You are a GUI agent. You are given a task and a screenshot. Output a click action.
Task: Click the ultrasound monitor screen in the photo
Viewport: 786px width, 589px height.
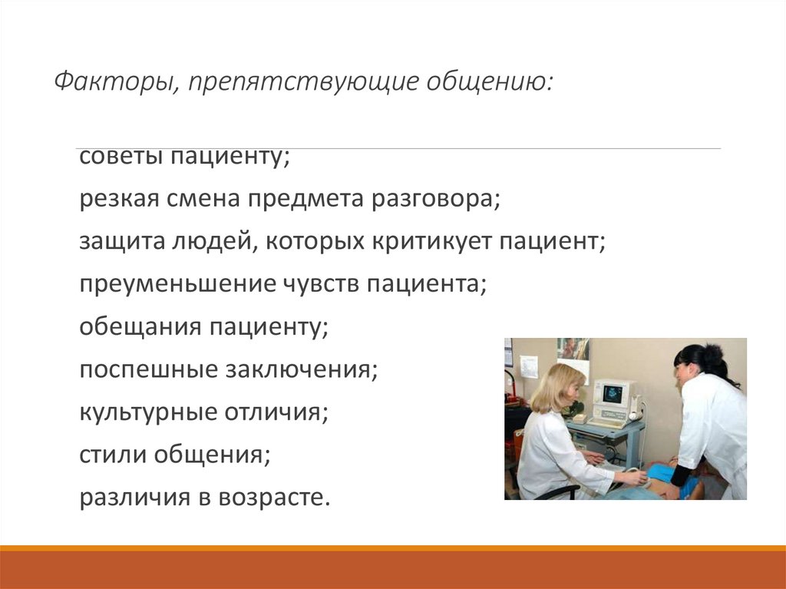click(x=614, y=394)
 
